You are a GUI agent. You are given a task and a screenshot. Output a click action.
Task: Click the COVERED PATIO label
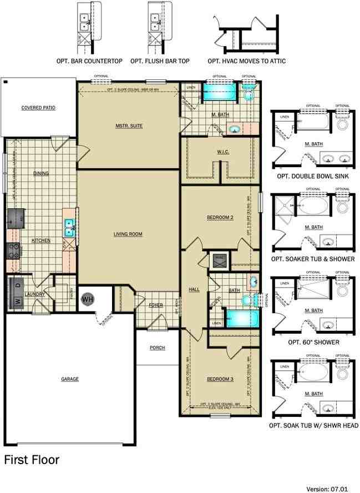[38, 108]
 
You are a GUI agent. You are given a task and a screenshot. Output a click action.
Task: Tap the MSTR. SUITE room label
[129, 126]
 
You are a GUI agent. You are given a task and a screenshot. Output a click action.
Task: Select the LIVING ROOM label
[128, 234]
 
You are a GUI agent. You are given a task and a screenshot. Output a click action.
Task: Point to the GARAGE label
[70, 379]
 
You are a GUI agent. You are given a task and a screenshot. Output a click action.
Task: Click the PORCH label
[158, 348]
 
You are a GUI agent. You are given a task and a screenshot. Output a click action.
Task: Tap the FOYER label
[156, 305]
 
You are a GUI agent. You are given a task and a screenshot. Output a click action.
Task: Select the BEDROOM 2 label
[220, 218]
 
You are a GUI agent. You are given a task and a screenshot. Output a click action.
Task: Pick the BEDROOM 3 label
[220, 379]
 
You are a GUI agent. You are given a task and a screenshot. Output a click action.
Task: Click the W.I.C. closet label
[224, 152]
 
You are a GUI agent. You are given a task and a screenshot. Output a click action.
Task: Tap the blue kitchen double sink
[69, 227]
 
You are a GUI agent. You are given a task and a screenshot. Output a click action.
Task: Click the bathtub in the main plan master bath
[219, 92]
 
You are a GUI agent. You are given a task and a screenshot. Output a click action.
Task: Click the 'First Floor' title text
[32, 460]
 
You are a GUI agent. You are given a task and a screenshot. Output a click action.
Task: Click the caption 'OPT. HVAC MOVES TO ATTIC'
[247, 61]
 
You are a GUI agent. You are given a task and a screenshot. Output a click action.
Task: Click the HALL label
[194, 289]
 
